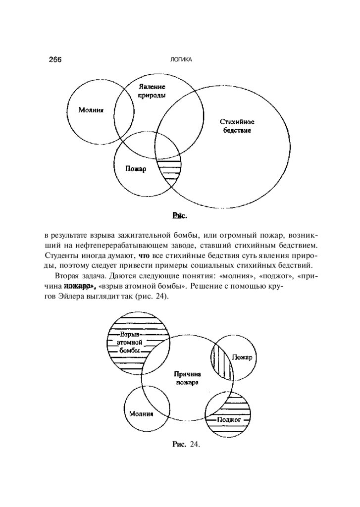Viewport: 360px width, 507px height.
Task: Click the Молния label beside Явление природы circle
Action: tap(91, 110)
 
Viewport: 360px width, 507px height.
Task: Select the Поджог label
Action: tap(229, 419)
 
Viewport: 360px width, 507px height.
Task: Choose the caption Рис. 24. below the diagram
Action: tap(185, 445)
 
